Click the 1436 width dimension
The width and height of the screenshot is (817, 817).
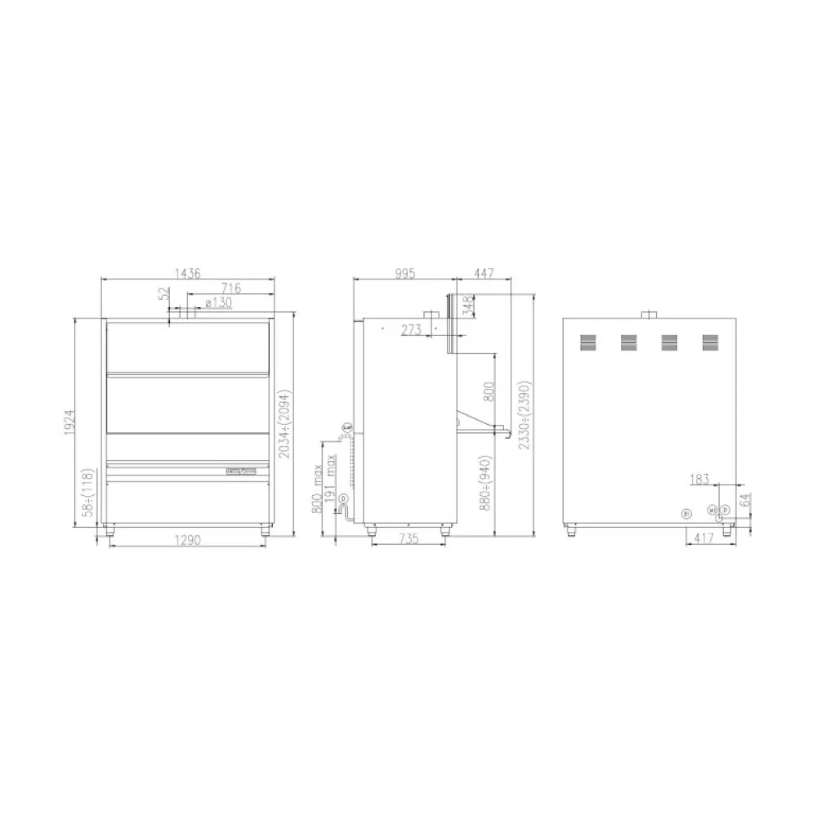[186, 272]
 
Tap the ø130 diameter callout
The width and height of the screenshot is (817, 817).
[218, 302]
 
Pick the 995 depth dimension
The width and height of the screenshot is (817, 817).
[403, 273]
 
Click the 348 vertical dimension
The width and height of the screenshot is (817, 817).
[467, 306]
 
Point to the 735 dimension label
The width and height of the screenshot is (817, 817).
[408, 538]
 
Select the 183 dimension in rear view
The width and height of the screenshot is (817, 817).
[699, 478]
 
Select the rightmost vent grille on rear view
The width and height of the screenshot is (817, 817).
[710, 343]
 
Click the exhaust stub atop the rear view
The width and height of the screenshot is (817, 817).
[650, 314]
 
